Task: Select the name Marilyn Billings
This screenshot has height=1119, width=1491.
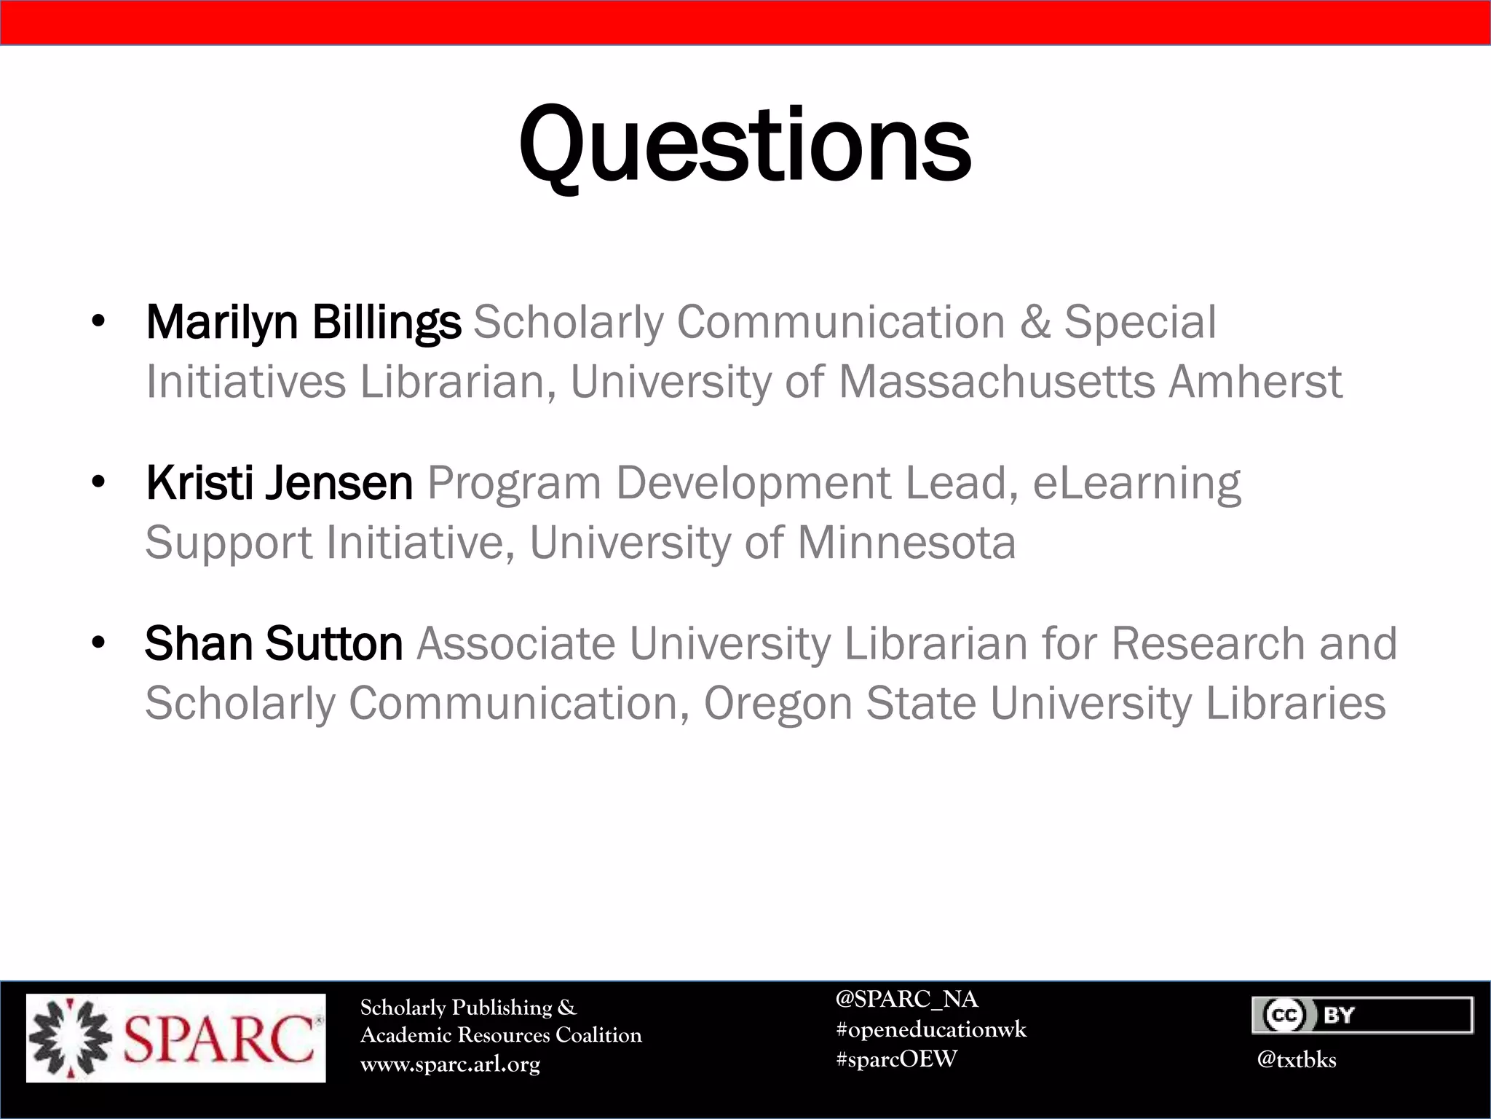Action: (304, 322)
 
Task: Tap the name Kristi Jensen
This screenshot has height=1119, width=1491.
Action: (280, 483)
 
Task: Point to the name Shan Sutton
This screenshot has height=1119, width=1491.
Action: (274, 644)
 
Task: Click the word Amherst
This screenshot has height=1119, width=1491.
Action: (1255, 382)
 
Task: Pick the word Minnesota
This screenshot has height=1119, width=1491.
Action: (906, 543)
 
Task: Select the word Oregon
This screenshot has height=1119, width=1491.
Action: (778, 704)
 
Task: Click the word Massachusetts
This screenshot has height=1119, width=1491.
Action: (997, 382)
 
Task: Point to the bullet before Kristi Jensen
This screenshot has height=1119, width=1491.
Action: (99, 482)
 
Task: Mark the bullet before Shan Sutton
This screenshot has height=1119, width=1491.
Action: (99, 643)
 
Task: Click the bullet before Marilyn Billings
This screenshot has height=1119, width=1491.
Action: (99, 321)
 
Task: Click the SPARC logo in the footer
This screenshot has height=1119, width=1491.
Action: (176, 1037)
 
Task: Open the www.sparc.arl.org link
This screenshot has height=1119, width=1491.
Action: (450, 1064)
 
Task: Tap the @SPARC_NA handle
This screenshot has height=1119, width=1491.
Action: (906, 999)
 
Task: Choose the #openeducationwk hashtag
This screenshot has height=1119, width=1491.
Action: (931, 1029)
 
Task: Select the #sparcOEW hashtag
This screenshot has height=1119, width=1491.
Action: (896, 1059)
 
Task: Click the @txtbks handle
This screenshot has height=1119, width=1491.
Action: (1296, 1060)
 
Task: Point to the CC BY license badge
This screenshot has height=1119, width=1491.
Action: (1362, 1015)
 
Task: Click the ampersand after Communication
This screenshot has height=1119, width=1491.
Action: (1035, 322)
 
